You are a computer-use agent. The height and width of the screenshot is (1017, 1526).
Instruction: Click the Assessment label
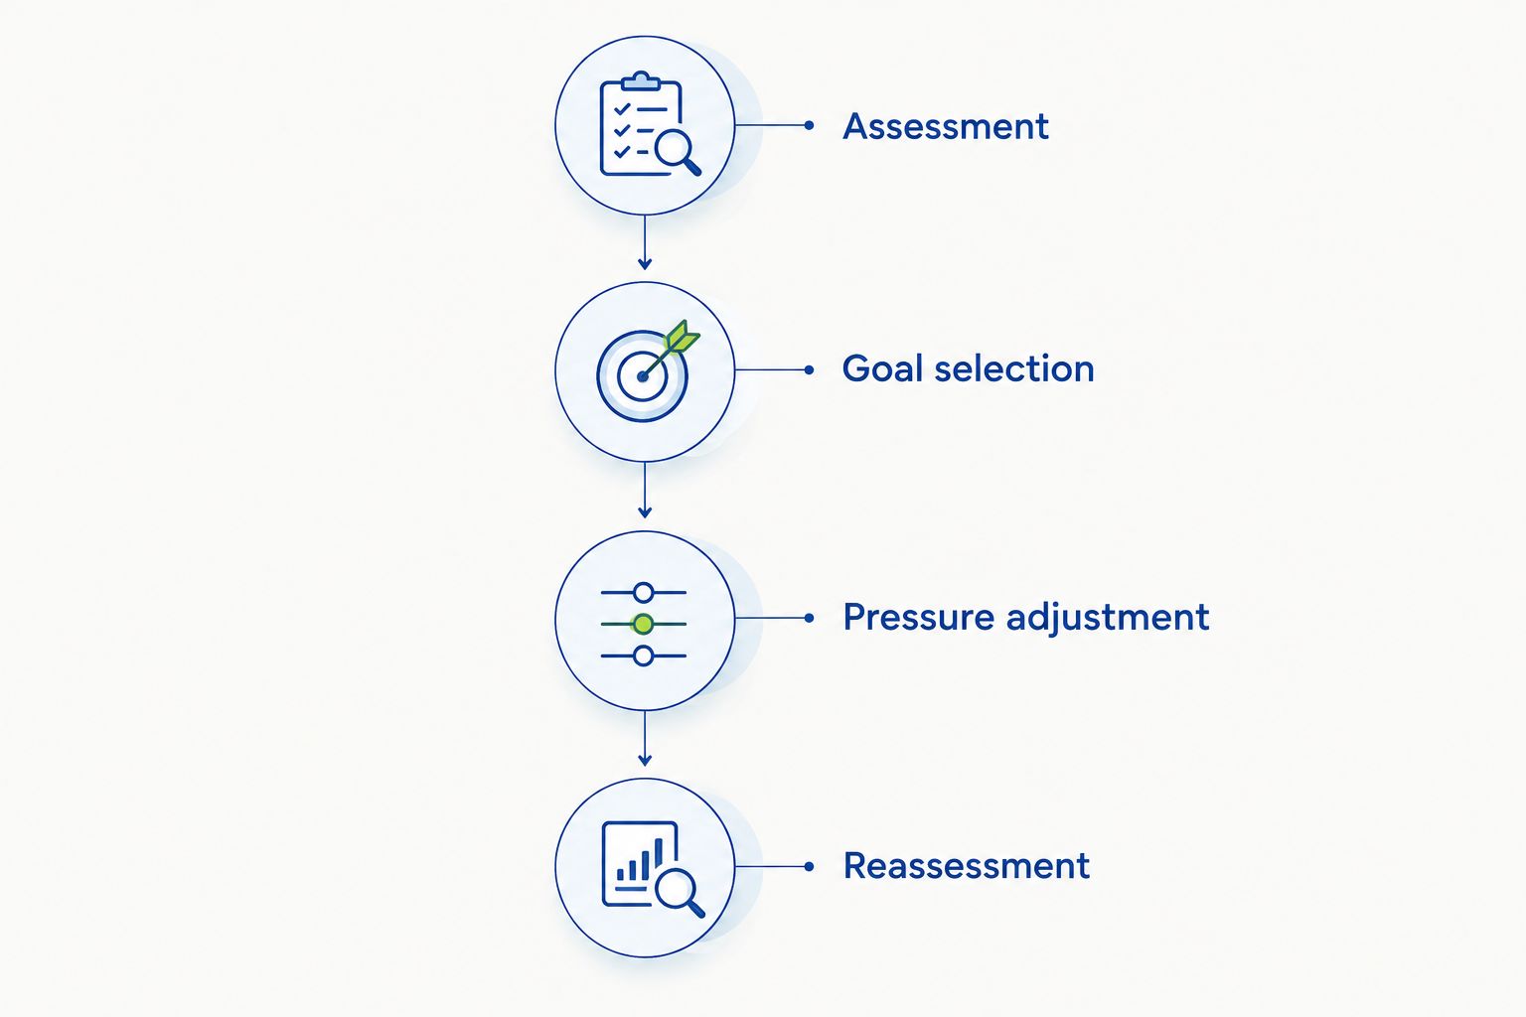tap(946, 127)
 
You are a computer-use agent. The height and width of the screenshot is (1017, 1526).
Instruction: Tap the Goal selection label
tap(968, 369)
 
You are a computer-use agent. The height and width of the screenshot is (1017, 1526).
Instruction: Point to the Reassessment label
tap(967, 866)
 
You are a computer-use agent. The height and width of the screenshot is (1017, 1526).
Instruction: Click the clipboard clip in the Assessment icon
tap(641, 81)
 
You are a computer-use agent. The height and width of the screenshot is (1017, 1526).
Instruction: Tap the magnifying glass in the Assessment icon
tap(678, 153)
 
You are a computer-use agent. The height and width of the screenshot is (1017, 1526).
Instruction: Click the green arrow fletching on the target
tap(683, 337)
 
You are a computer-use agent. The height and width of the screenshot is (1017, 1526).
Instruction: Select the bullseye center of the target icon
tap(643, 376)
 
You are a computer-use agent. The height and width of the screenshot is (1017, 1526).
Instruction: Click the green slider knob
tap(643, 624)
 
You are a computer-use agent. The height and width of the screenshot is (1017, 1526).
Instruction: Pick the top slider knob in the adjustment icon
tap(643, 593)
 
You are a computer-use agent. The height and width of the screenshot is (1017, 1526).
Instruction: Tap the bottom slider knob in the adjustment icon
tap(643, 655)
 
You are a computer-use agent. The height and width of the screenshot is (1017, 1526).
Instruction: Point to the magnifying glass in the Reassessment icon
tap(680, 893)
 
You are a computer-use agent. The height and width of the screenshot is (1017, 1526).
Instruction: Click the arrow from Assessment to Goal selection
tap(645, 242)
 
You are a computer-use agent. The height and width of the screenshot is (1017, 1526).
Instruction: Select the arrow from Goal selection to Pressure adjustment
tap(645, 490)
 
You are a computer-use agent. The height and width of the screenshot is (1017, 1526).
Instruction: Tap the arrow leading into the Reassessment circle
tap(645, 738)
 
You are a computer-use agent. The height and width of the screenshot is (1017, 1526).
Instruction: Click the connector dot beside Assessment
tap(809, 125)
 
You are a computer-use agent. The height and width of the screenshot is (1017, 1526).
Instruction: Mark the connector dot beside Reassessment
tap(809, 866)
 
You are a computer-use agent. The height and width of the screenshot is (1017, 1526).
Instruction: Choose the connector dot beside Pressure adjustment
tap(809, 618)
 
